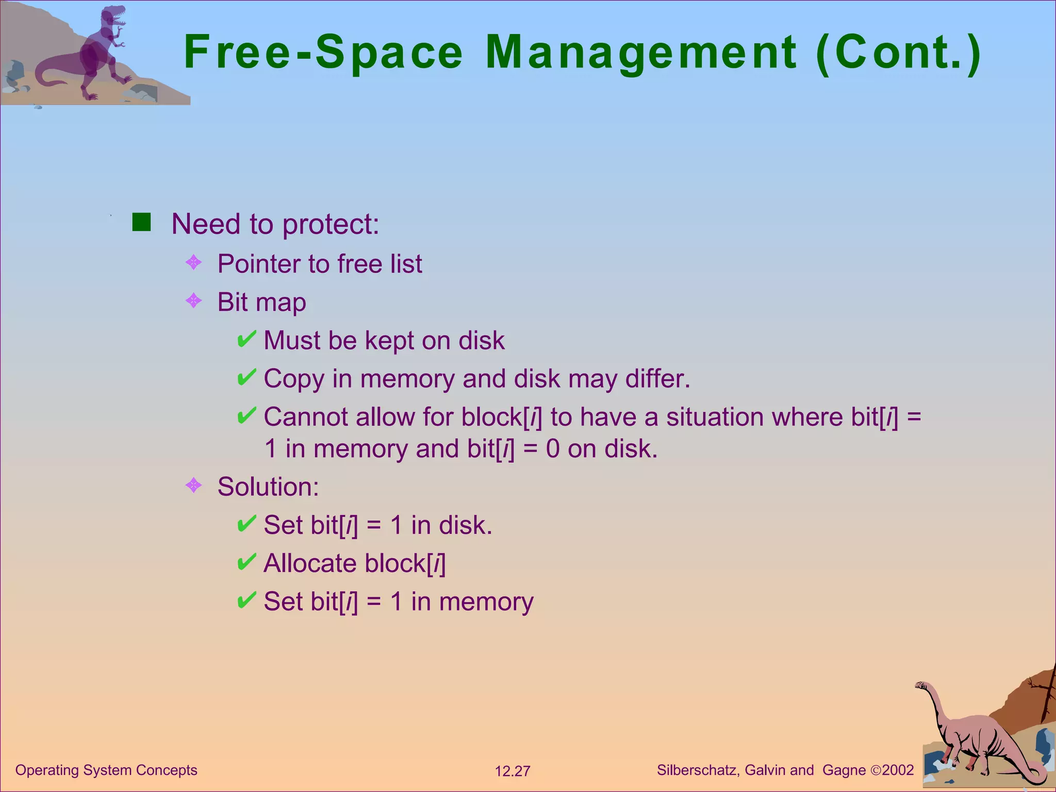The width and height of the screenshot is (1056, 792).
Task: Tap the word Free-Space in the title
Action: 323,53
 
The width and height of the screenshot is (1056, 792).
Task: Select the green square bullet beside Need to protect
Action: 141,222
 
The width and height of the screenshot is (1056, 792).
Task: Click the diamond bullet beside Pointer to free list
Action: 193,262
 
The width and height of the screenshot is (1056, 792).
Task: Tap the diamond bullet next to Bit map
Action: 193,301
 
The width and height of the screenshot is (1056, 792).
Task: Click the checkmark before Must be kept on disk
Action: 246,339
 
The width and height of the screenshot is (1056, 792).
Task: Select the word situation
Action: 715,417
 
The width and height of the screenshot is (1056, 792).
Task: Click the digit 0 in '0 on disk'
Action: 553,449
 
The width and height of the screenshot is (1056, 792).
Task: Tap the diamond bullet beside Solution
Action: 193,485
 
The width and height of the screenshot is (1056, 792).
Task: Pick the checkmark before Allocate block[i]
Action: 246,562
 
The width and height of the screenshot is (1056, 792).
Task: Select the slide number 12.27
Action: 513,771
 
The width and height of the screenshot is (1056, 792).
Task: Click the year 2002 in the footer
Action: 898,770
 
